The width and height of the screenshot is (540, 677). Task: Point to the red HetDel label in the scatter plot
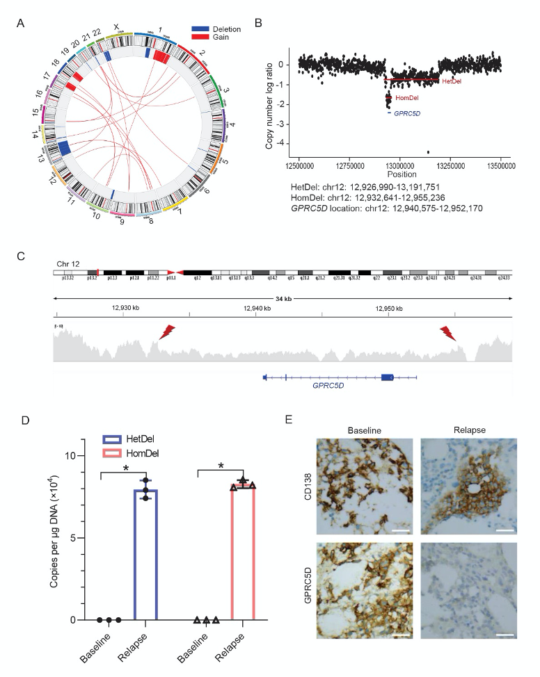coord(452,81)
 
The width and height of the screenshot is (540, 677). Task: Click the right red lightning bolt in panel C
coord(450,334)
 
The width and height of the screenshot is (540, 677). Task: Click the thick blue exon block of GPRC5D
coord(388,377)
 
